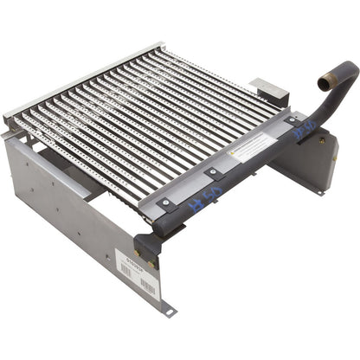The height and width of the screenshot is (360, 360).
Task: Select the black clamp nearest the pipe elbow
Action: pyautogui.click(x=292, y=121)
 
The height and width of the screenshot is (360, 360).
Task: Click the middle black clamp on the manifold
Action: pyautogui.click(x=212, y=173)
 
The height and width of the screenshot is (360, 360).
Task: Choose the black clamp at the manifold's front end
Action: pyautogui.click(x=164, y=201)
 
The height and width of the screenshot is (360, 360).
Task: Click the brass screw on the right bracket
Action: pyautogui.click(x=322, y=140)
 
